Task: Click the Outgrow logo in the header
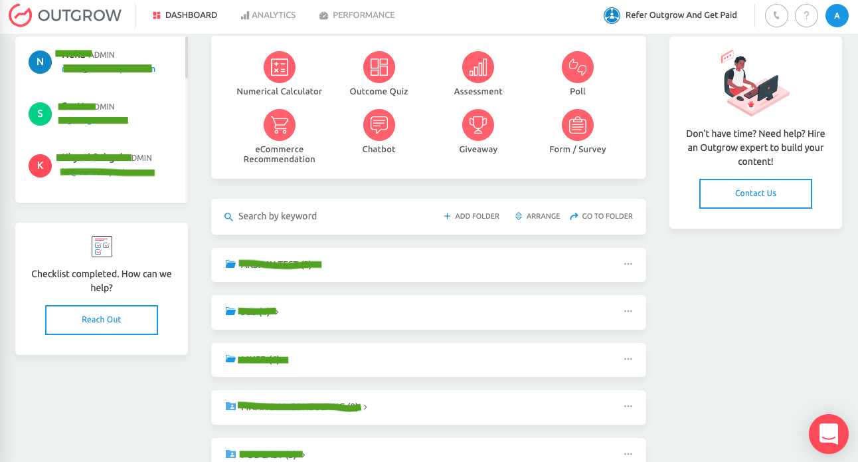click(x=65, y=15)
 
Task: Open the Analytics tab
click(x=268, y=15)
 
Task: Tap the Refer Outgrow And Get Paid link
click(x=671, y=15)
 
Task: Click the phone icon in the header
click(x=776, y=15)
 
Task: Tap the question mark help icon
click(x=806, y=15)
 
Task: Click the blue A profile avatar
click(x=837, y=15)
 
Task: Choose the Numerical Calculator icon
click(x=280, y=66)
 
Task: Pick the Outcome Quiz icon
click(x=379, y=66)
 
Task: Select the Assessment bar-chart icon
click(x=478, y=66)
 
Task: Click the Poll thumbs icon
click(x=578, y=66)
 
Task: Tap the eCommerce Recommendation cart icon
click(x=280, y=124)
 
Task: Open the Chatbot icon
click(x=379, y=124)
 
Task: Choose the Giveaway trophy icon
click(x=478, y=124)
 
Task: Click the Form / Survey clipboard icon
click(x=578, y=124)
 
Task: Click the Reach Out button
click(x=102, y=320)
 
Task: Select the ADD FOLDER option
click(x=472, y=216)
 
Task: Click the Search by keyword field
click(x=319, y=216)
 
